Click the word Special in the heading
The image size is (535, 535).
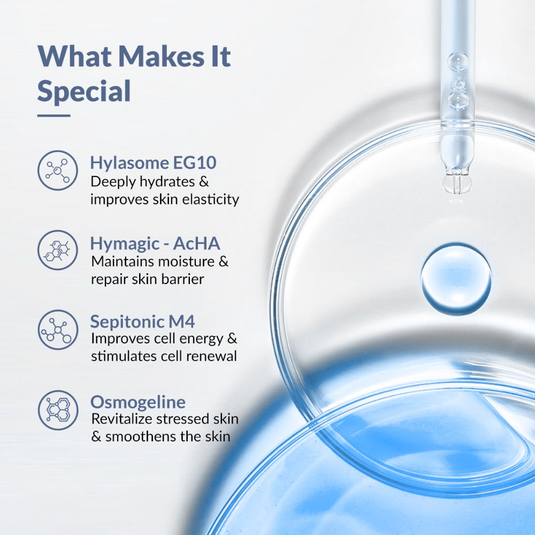tap(84, 91)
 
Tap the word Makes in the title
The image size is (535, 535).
tap(161, 56)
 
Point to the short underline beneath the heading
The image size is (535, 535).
tap(54, 116)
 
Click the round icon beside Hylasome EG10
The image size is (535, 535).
tap(58, 170)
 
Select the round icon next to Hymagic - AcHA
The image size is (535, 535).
tap(58, 250)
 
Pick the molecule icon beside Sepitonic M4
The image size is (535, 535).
tap(58, 330)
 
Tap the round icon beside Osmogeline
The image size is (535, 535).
tap(58, 410)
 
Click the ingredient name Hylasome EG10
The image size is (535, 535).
tap(153, 163)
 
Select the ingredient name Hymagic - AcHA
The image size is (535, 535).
tap(155, 243)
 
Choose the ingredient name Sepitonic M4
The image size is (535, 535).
tap(143, 322)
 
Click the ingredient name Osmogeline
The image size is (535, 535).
tap(138, 402)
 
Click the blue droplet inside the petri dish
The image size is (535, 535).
tap(456, 279)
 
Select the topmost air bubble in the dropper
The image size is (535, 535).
tap(458, 62)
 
